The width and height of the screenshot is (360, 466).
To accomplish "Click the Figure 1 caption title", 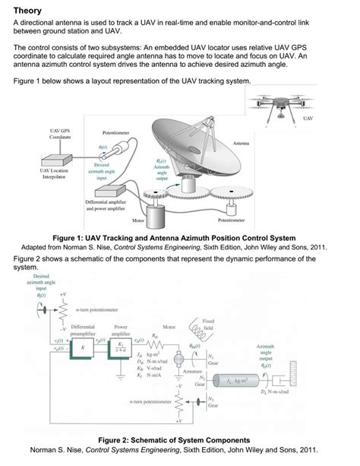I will coord(180,236).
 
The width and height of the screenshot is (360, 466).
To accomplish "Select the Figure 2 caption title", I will coord(180,439).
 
